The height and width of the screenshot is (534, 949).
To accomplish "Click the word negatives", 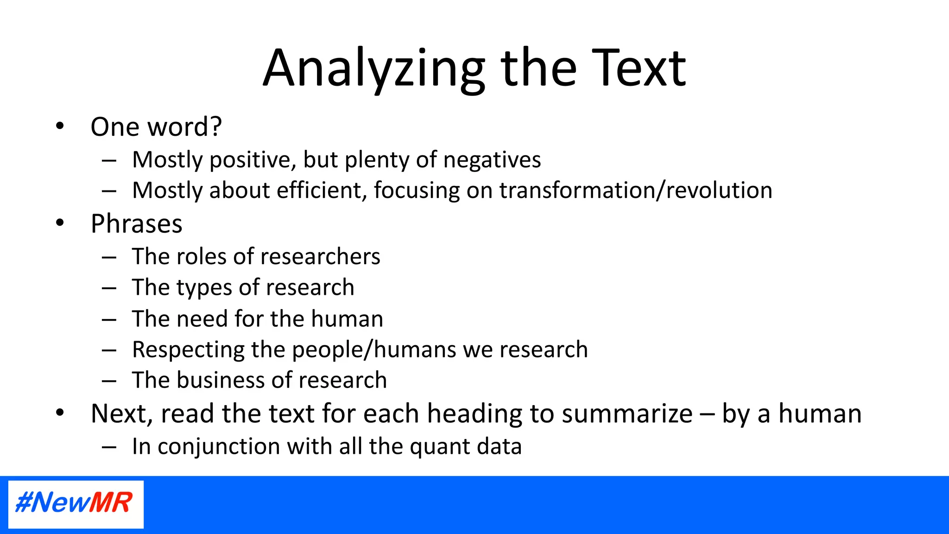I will pyautogui.click(x=492, y=160).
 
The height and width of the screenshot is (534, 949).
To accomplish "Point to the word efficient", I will pyautogui.click(x=319, y=191).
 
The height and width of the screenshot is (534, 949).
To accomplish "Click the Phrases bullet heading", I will pyautogui.click(x=136, y=224).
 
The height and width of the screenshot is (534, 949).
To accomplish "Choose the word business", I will pyautogui.click(x=221, y=380).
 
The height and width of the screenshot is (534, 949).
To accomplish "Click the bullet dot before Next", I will pyautogui.click(x=60, y=412).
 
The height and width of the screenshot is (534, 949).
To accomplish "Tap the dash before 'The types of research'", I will pyautogui.click(x=109, y=288).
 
